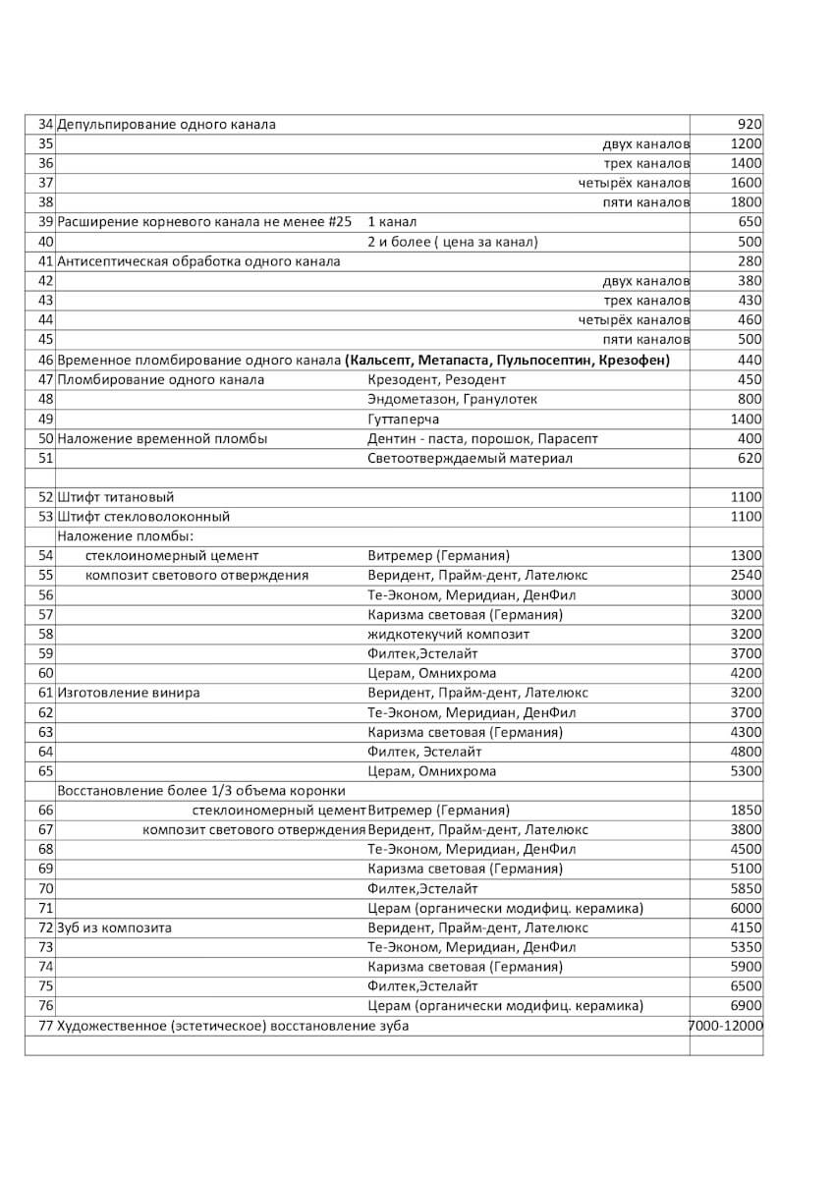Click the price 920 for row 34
click(749, 125)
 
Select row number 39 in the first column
click(45, 222)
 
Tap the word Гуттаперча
click(403, 420)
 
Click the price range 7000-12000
click(727, 1026)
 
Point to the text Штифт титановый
click(116, 497)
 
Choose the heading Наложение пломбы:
click(125, 536)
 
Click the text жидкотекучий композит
click(448, 635)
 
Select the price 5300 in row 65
click(746, 771)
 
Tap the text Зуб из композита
click(115, 927)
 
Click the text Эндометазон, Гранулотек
click(452, 400)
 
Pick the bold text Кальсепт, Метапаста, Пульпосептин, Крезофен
click(508, 361)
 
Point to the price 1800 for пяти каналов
click(746, 202)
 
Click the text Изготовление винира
click(129, 693)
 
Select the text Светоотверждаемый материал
click(470, 458)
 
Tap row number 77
click(45, 1026)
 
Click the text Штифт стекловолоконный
click(143, 517)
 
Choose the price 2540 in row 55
click(746, 575)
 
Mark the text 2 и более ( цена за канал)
click(452, 242)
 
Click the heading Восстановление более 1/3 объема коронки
click(201, 791)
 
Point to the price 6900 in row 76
click(746, 1006)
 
